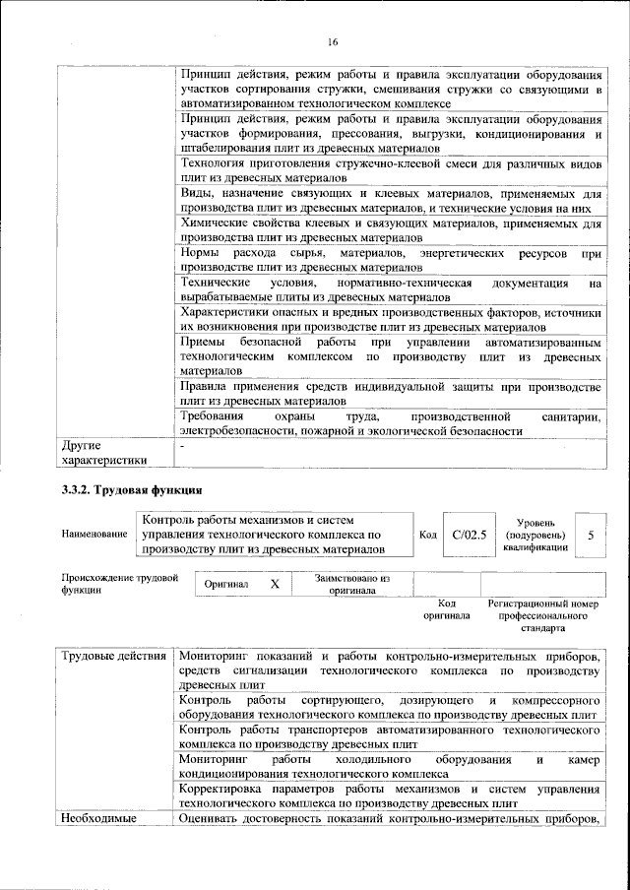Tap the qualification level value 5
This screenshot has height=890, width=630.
coord(591,534)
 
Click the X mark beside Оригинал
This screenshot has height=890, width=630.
coord(275,584)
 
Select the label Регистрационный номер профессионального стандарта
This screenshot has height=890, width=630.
coord(543,614)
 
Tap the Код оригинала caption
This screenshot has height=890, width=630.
coord(446,608)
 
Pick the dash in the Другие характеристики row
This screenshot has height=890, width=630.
coord(184,446)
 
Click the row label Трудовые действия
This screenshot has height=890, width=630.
coord(114,656)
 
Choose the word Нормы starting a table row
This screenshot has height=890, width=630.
coord(203,253)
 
